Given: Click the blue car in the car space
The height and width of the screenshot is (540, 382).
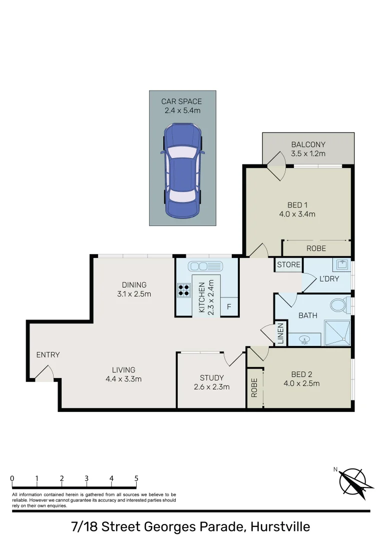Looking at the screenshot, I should [182, 170].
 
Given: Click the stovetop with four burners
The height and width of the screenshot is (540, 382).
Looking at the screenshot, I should [184, 290].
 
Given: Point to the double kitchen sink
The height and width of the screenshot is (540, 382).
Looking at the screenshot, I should [205, 265].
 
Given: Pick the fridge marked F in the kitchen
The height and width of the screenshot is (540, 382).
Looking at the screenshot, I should [229, 306].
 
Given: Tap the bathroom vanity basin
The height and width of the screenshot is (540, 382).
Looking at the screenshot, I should [303, 340].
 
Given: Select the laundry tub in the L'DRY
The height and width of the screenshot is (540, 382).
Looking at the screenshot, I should [343, 264].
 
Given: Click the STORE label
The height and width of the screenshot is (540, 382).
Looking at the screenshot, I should [288, 264].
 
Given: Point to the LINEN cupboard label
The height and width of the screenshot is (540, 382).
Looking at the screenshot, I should [281, 333].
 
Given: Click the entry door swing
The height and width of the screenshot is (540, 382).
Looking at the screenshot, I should [44, 372].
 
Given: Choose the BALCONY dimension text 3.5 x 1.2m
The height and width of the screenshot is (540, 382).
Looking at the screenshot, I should [308, 153].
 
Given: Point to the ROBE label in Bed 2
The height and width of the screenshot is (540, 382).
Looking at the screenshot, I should [254, 387].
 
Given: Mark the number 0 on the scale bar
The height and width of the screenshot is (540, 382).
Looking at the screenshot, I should [12, 478].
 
